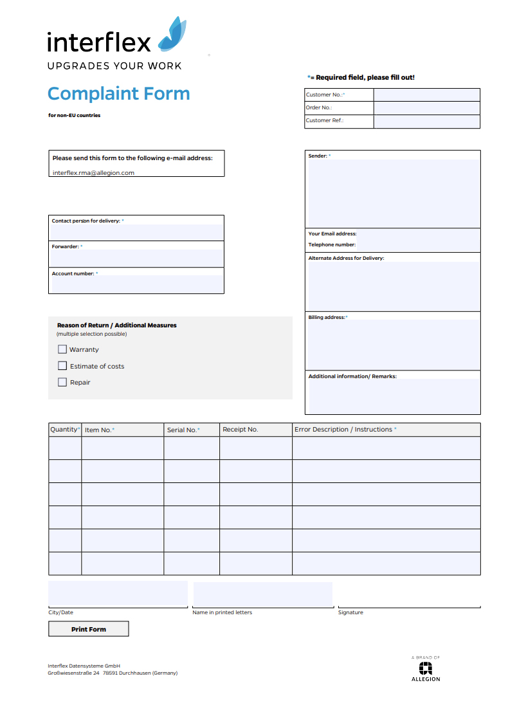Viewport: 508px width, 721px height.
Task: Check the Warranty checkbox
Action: coord(62,349)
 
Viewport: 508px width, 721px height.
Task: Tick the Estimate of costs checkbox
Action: coord(62,366)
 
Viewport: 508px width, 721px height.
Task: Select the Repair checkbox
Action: coord(62,382)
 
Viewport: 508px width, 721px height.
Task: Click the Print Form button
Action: coord(89,629)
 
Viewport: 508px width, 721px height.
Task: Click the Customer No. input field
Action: coord(426,95)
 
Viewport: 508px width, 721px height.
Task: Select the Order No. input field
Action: coord(426,107)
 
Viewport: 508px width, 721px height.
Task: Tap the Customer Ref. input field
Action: coord(426,121)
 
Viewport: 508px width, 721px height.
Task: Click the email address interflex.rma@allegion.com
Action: coord(93,172)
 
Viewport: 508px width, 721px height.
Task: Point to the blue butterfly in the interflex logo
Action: coord(172,35)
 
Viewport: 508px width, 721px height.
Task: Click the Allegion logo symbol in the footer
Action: coord(426,668)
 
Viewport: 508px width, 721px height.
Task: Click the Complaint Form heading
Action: coord(119,94)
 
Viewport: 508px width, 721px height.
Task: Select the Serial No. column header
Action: coord(183,430)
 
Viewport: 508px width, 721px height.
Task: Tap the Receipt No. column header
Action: coord(240,430)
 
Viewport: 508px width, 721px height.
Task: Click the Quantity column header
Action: coord(65,430)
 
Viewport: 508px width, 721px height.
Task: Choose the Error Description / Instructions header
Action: coord(345,430)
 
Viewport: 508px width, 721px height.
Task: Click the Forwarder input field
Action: coord(137,257)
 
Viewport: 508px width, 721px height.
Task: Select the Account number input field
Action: coord(137,284)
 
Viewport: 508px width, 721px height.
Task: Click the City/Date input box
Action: coord(118,593)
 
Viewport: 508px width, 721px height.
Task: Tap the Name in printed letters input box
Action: coord(262,593)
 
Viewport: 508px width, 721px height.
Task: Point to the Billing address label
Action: coord(327,317)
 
